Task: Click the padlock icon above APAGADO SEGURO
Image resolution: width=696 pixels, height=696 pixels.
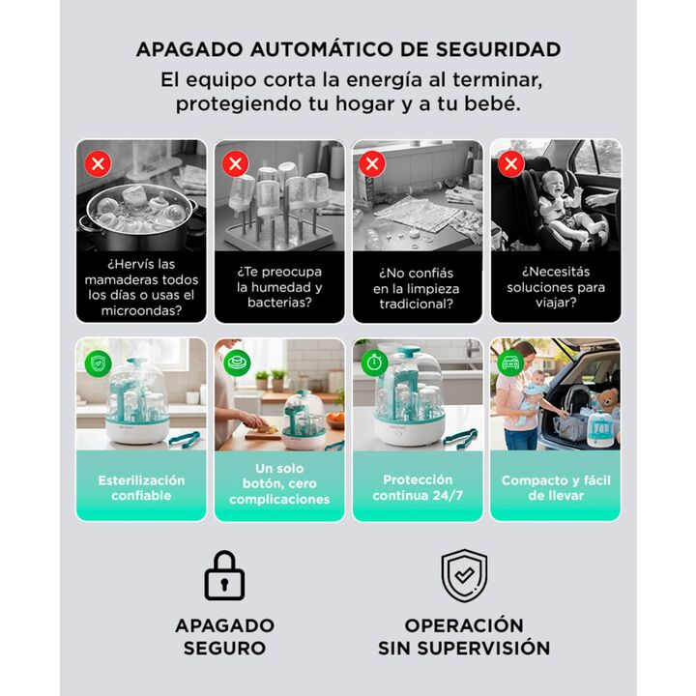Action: tap(224, 575)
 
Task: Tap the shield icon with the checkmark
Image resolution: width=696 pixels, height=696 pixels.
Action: tap(464, 575)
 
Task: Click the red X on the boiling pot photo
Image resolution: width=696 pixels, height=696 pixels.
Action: tap(98, 163)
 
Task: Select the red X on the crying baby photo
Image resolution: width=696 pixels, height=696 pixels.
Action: tap(511, 163)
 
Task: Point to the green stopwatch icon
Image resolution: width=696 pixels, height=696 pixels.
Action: tap(374, 362)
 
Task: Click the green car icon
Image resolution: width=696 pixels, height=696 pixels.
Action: tap(510, 362)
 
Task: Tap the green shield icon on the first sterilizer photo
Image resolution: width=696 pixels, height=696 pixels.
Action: tap(98, 363)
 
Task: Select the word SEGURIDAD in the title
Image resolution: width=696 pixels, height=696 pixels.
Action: tap(498, 49)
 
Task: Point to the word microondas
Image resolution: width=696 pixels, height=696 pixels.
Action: tap(141, 310)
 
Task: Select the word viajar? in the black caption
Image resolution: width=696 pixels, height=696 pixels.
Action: tap(556, 303)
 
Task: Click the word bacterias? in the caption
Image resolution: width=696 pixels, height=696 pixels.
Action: tap(279, 303)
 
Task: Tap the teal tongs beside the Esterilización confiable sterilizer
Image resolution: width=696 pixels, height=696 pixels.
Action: tap(184, 439)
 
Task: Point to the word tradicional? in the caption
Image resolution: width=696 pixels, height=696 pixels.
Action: tap(417, 304)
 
